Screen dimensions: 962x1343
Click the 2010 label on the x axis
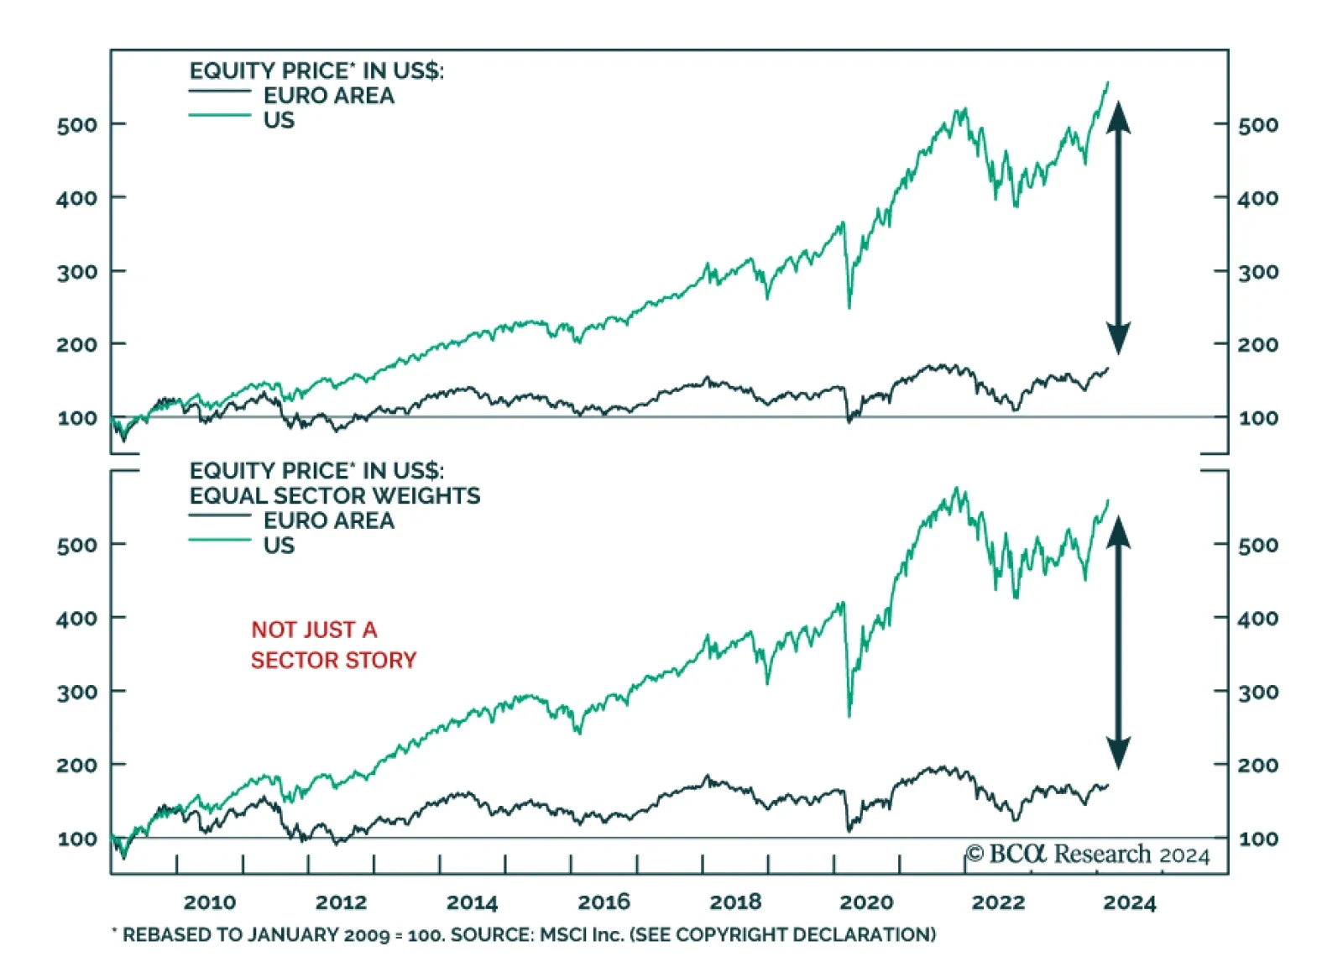[x=210, y=902]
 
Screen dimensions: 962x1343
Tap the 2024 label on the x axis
[x=1129, y=903]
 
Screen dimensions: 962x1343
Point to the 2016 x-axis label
[x=604, y=902]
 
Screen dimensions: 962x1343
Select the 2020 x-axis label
[x=866, y=902]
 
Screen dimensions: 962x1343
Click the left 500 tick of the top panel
[x=77, y=125]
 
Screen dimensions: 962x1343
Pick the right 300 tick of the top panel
[x=1258, y=272]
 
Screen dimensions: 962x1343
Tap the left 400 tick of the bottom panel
[x=77, y=619]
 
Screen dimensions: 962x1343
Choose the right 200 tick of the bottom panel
[x=1258, y=765]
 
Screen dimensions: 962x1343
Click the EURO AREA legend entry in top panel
[x=328, y=96]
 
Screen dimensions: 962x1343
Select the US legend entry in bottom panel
[x=279, y=546]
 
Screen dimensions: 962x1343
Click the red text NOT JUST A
[x=314, y=630]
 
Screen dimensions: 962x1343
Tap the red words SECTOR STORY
[x=333, y=661]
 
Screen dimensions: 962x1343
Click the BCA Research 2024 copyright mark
[x=1088, y=855]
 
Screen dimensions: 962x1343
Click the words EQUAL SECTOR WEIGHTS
[x=335, y=496]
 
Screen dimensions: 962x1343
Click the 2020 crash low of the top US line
[x=849, y=307]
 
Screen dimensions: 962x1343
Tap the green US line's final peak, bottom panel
[x=1108, y=500]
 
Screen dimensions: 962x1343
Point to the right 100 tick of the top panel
[x=1258, y=418]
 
